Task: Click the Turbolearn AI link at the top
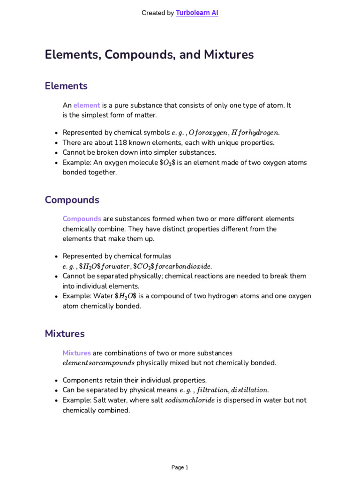pos(197,13)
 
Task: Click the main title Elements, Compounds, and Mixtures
pos(149,55)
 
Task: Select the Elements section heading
pos(66,86)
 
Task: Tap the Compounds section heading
pos(72,200)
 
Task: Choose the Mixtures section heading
pos(65,334)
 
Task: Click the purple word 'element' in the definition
pos(87,105)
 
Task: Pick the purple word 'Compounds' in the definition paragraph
pos(82,219)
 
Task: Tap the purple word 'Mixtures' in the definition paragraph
pos(77,353)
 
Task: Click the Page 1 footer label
pos(180,467)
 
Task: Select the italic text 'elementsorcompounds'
pos(98,363)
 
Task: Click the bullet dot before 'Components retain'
pos(56,381)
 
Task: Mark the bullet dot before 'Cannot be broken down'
pos(56,153)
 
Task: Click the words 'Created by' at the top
pos(157,13)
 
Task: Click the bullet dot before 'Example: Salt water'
pos(56,401)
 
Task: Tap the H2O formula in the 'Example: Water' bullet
pos(126,296)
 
